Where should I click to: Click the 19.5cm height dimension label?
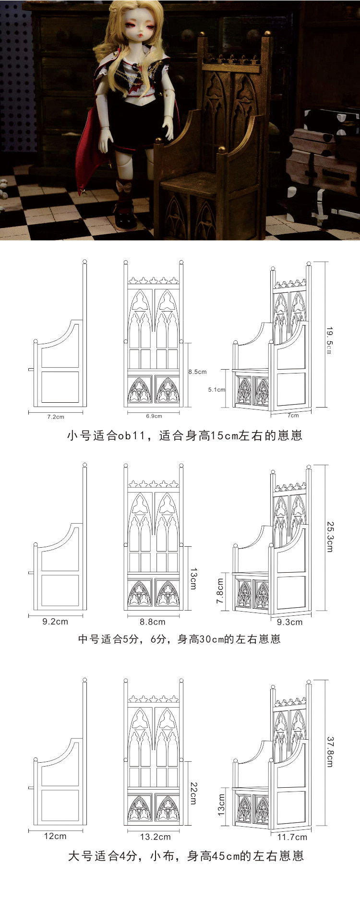[330, 341]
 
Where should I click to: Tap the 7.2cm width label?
[56, 417]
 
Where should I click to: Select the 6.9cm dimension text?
[154, 416]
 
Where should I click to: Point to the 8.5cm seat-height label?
[198, 372]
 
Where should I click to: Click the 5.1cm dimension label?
[216, 389]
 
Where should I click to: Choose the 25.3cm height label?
[330, 537]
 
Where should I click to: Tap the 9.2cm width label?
[55, 621]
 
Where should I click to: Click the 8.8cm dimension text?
[153, 622]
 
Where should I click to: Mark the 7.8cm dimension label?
[220, 591]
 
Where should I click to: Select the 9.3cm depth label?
[290, 622]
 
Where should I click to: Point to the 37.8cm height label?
[330, 752]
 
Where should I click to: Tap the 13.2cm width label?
[156, 837]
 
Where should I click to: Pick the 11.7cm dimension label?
[292, 837]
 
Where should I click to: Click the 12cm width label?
[55, 836]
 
